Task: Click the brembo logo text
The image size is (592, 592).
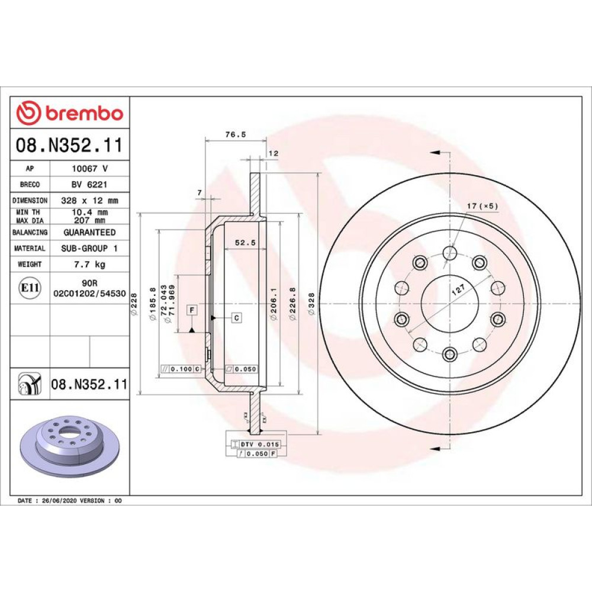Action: click(x=85, y=113)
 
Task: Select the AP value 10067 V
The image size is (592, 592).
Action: click(x=90, y=168)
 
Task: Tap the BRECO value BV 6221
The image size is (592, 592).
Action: click(x=89, y=184)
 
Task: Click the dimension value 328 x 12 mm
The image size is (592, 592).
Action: click(x=90, y=201)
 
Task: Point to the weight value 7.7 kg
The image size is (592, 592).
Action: click(x=90, y=264)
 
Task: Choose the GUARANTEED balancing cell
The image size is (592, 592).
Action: click(x=90, y=232)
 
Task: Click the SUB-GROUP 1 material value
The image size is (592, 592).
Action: click(x=89, y=249)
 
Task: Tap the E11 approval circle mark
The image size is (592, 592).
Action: click(x=30, y=288)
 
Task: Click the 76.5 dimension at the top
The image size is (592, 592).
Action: click(x=236, y=134)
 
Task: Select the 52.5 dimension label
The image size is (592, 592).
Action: click(x=245, y=243)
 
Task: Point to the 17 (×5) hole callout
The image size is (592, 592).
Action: click(x=482, y=206)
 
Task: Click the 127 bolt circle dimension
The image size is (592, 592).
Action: click(x=458, y=290)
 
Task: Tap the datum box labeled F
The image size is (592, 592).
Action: click(x=192, y=310)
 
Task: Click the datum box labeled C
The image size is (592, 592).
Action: click(x=237, y=318)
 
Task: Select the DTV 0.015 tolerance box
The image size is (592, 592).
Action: click(x=256, y=445)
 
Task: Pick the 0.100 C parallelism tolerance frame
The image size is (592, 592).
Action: click(x=181, y=369)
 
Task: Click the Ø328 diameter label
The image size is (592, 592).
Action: click(x=311, y=304)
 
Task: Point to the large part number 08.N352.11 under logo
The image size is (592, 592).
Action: click(x=69, y=145)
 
